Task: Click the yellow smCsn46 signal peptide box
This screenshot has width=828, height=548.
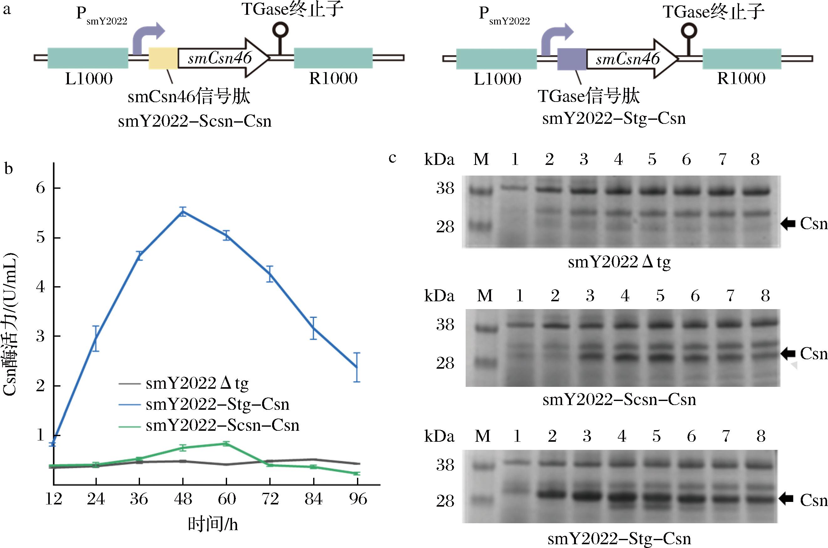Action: point(163,58)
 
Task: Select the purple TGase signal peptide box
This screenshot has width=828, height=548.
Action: point(572,59)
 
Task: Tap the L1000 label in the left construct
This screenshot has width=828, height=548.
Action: point(89,79)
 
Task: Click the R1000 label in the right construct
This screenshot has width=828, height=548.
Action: point(741,78)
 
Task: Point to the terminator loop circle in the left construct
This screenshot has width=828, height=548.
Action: point(280,30)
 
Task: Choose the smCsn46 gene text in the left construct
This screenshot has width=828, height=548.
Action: point(220,58)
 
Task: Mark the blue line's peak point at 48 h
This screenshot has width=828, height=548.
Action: point(183,212)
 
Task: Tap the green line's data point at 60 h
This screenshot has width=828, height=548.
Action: point(226,444)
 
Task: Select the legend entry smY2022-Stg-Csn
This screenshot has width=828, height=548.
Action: point(217,404)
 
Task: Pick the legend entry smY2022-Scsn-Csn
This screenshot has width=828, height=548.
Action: point(222,425)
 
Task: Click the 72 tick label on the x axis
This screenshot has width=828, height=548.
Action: point(270,499)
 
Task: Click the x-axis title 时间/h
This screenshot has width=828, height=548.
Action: point(213,524)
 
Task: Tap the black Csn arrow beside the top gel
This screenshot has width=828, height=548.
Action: point(788,223)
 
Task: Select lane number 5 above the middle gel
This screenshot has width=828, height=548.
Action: point(660,296)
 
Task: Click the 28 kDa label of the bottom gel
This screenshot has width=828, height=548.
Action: point(445,501)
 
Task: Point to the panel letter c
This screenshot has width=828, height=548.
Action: point(392,158)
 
